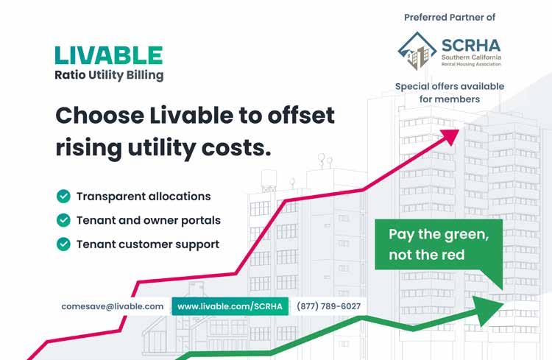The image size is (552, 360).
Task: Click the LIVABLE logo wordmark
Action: tap(109, 55)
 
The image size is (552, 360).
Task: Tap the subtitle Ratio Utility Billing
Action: tap(109, 75)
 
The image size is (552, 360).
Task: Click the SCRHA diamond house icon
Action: tap(417, 51)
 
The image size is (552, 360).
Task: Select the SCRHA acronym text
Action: tap(471, 46)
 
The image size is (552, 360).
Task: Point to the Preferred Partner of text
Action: tap(450, 17)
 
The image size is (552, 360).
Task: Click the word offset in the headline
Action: tap(301, 115)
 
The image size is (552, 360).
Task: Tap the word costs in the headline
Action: tap(236, 147)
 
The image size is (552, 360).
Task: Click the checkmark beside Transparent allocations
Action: tap(63, 197)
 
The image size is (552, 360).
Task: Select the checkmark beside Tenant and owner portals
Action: tap(63, 220)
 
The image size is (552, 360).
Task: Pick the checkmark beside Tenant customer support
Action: tap(63, 244)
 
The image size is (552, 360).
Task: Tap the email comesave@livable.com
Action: tap(113, 306)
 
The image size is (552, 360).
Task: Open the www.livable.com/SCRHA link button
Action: tap(230, 306)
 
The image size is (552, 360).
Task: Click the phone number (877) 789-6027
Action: tap(329, 306)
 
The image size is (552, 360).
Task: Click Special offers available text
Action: tap(450, 86)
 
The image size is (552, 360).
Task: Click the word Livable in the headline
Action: tap(191, 115)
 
